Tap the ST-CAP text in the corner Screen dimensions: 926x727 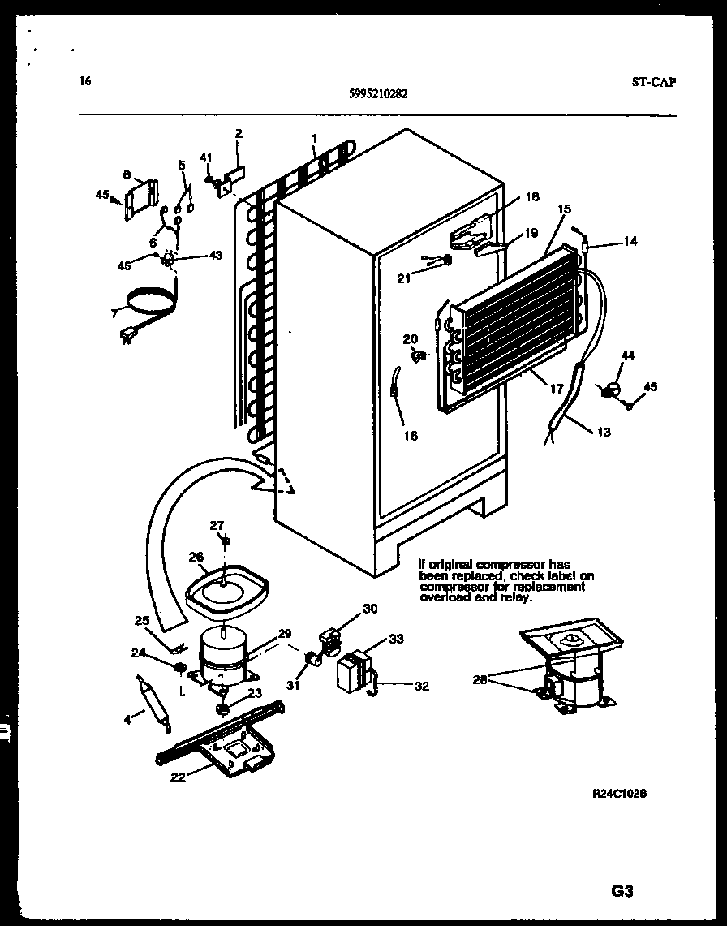click(x=652, y=81)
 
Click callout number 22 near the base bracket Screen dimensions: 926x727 click(x=179, y=777)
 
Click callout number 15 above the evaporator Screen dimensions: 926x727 click(x=564, y=209)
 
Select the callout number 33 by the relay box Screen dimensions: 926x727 click(x=395, y=639)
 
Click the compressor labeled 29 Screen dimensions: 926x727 click(x=222, y=653)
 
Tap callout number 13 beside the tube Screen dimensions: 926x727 click(x=603, y=433)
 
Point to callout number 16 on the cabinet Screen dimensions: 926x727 click(x=411, y=436)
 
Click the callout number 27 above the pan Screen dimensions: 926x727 click(x=217, y=525)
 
